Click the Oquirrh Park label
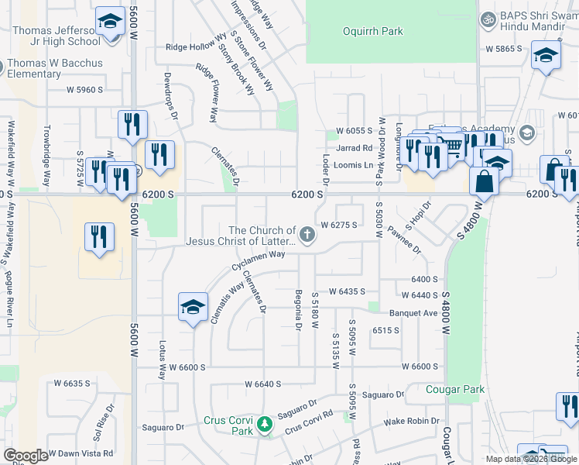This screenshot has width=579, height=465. [372, 32]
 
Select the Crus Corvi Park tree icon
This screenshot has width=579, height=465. [266, 424]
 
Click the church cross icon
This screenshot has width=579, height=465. [307, 236]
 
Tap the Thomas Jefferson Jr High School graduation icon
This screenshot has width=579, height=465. [110, 22]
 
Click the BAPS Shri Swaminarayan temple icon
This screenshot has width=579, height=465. [488, 19]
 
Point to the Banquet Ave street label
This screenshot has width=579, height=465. [413, 313]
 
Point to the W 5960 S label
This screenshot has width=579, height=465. [84, 90]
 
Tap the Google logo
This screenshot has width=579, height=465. [26, 456]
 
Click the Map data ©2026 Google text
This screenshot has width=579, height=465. [530, 459]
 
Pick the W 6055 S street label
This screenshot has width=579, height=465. [355, 131]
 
